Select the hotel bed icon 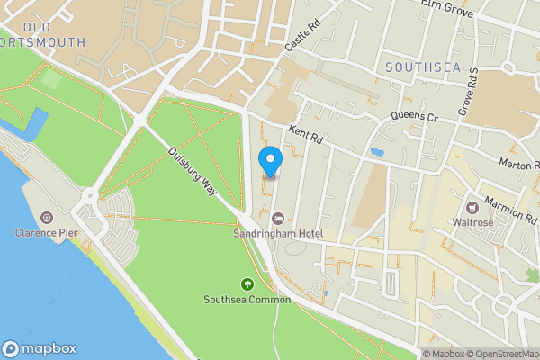click(279, 219)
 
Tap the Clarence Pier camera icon click(46, 218)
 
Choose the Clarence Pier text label click(46, 233)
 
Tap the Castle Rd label click(297, 37)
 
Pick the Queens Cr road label click(414, 117)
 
